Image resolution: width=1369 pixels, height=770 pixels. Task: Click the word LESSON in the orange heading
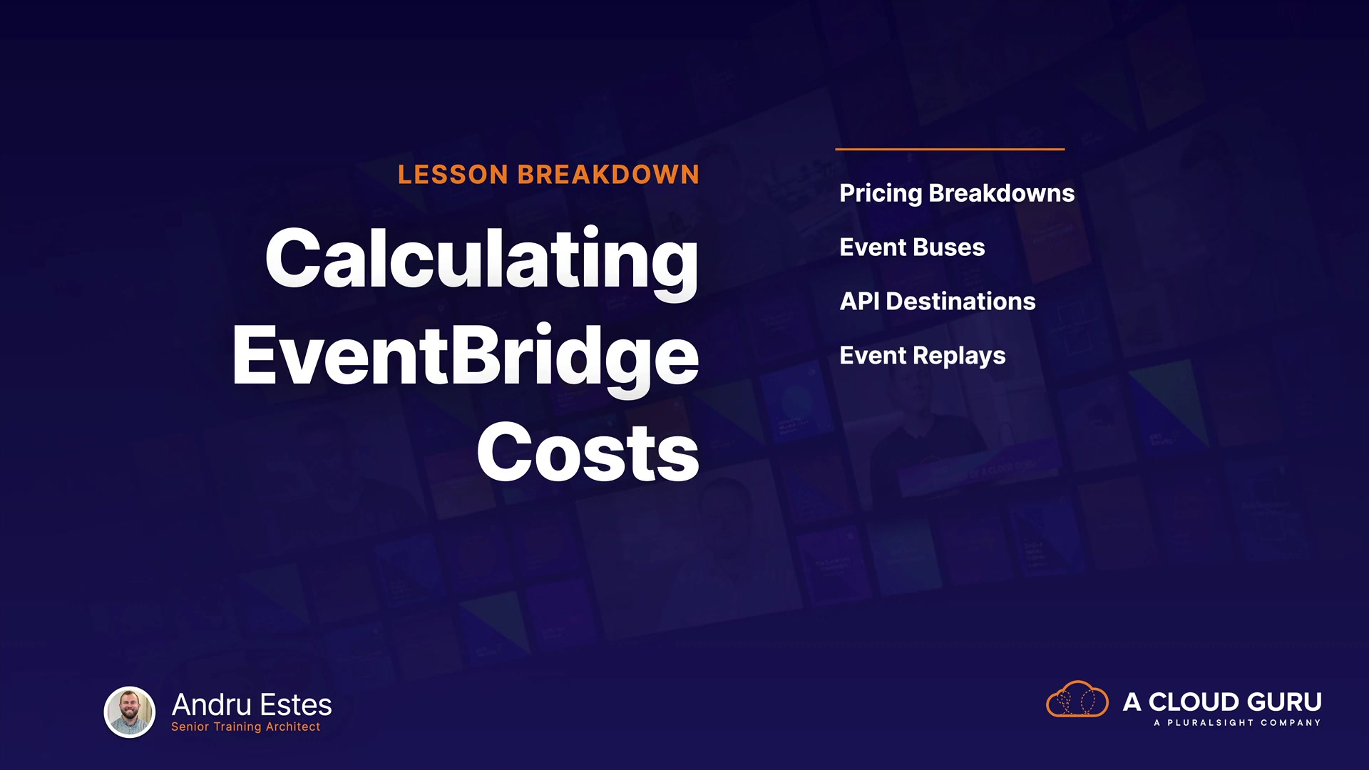pos(453,175)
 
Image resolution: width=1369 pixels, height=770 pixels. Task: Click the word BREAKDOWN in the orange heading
pos(609,175)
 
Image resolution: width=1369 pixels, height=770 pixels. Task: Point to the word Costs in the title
pos(588,452)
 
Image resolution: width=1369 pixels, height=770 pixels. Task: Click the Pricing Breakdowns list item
pos(957,194)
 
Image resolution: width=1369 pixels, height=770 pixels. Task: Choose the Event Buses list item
pos(912,247)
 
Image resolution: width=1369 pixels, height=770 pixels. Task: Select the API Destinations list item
pos(938,302)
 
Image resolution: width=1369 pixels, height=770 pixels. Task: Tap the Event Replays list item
pos(923,356)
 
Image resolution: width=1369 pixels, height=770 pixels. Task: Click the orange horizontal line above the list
pos(950,149)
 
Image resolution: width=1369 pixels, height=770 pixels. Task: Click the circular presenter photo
pos(130,712)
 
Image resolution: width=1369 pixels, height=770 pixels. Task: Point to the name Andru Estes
pos(252,705)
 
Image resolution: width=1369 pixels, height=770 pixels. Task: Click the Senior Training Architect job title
pos(245,727)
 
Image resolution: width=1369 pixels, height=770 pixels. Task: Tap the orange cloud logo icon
pos(1077,699)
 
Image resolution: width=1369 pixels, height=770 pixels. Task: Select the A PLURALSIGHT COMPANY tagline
pos(1237,723)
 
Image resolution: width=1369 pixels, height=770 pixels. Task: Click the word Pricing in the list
pos(881,194)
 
